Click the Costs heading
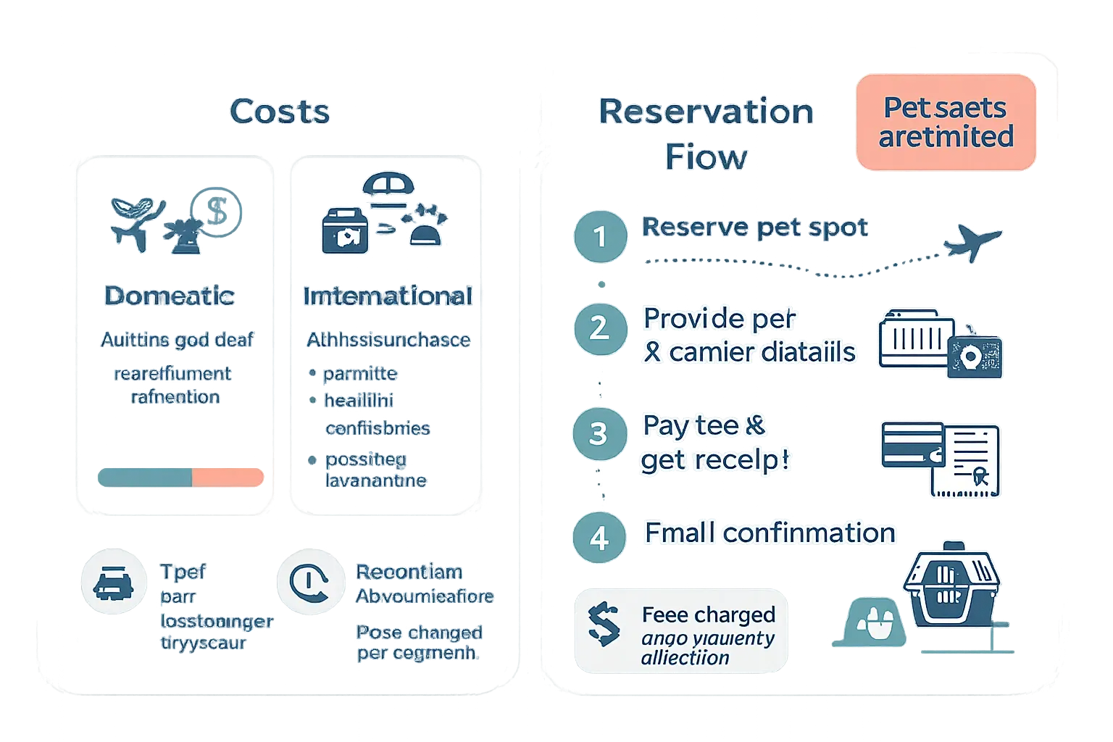click(280, 112)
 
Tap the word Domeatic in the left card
click(170, 296)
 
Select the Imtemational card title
click(388, 296)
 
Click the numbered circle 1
click(600, 236)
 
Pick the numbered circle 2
click(599, 328)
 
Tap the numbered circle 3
click(599, 434)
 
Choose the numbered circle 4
click(599, 538)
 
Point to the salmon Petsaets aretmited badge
click(946, 122)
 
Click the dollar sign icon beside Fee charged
click(604, 625)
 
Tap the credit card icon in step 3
click(912, 446)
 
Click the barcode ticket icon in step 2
click(916, 339)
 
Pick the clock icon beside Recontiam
click(309, 582)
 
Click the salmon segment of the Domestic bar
click(227, 477)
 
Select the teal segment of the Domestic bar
click(145, 477)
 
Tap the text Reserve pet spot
click(755, 228)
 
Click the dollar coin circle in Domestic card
click(217, 211)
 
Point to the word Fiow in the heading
click(706, 157)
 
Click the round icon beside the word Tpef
click(114, 583)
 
